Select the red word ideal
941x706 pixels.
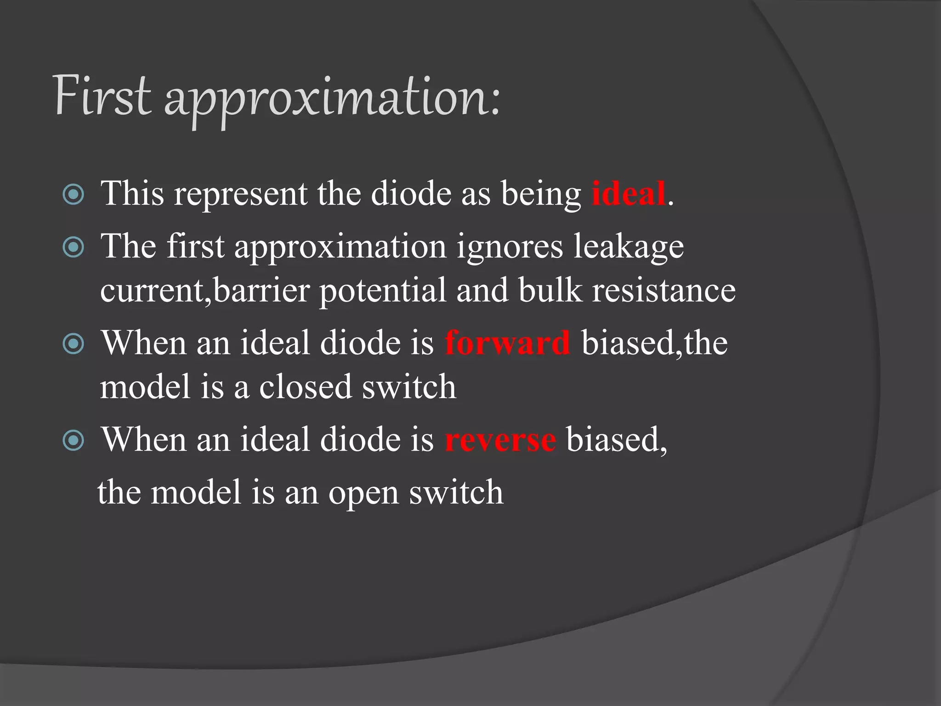[629, 194]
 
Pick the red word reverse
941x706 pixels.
[500, 440]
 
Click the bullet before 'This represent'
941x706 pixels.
[73, 194]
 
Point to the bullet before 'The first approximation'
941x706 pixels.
[73, 247]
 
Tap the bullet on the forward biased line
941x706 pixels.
[73, 344]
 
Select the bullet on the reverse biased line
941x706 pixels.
[73, 440]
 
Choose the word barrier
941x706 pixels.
[261, 290]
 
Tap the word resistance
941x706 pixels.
[663, 290]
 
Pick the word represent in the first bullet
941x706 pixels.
[240, 194]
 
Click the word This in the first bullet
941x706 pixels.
[132, 194]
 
